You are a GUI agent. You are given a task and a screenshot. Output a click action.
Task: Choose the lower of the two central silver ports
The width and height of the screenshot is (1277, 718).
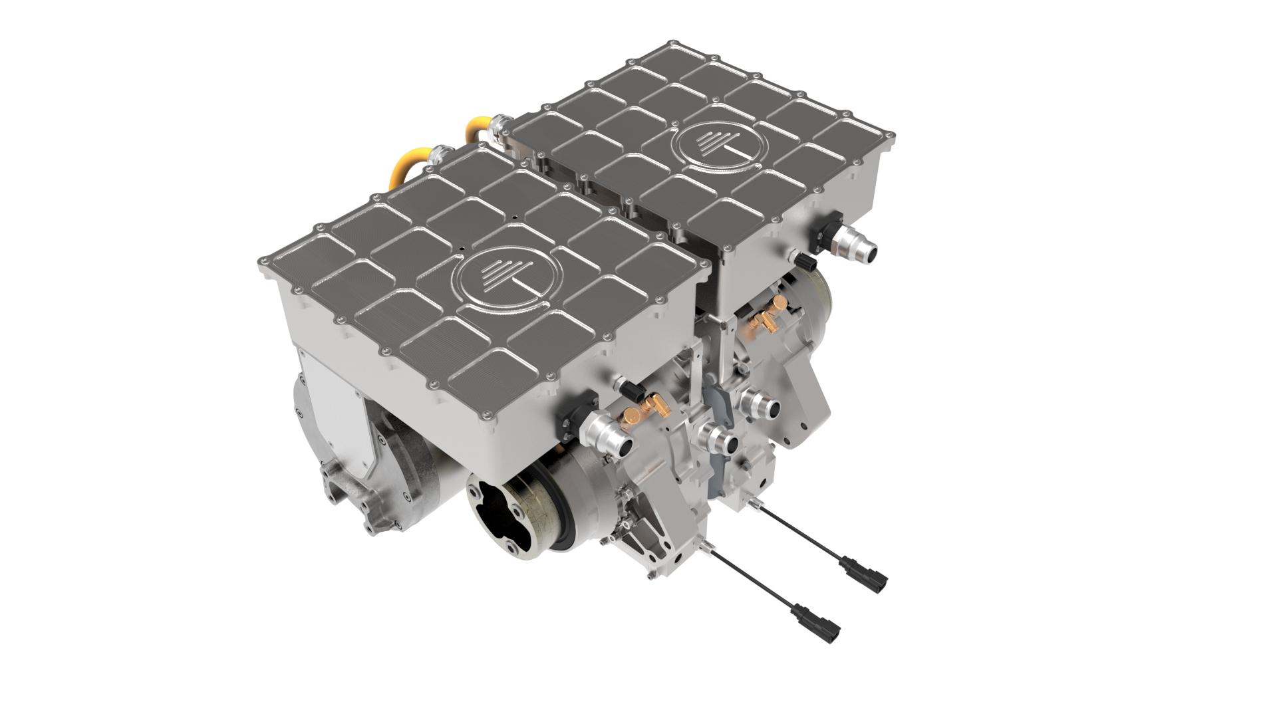coord(718,439)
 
